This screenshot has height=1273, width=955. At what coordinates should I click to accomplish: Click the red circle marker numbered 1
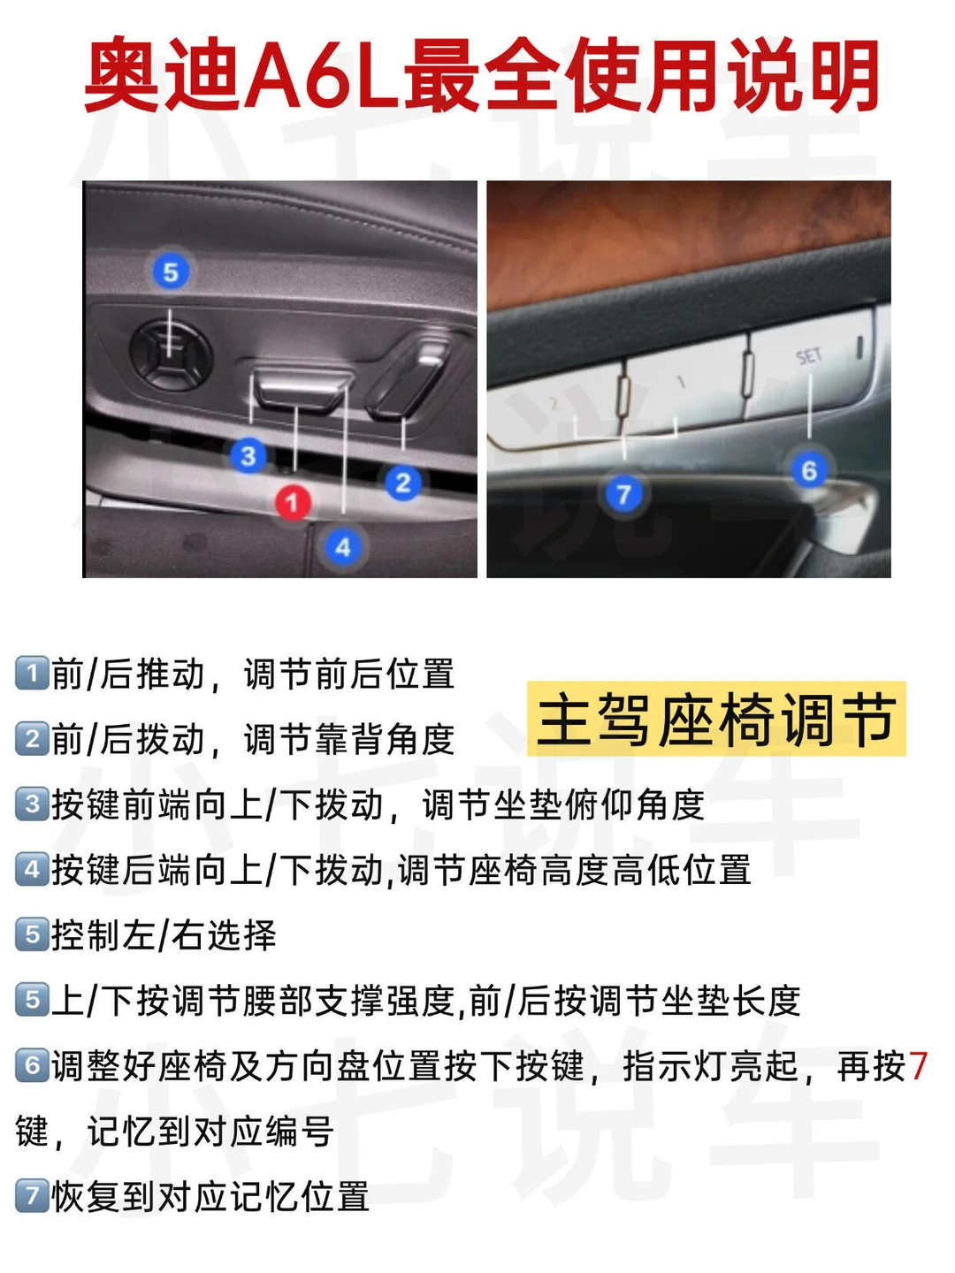point(292,502)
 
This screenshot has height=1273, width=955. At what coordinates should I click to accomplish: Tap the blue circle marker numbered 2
point(403,483)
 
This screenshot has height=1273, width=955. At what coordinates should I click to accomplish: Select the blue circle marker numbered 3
point(248,456)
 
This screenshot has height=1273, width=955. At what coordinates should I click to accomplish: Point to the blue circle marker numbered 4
point(343,547)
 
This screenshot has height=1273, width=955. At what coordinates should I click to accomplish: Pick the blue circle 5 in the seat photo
point(171,271)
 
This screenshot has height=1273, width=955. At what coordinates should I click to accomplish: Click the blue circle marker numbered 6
point(809,470)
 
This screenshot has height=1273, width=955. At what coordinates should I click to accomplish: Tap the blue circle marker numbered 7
point(623,494)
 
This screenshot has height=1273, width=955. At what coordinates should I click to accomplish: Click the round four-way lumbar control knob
point(171,354)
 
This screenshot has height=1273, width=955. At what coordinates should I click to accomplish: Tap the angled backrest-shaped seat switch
point(409,380)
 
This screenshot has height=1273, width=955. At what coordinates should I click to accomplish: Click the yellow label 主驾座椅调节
point(716,719)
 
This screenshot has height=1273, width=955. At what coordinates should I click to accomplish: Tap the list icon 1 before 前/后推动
point(32,673)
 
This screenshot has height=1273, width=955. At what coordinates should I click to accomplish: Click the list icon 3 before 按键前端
point(32,804)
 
